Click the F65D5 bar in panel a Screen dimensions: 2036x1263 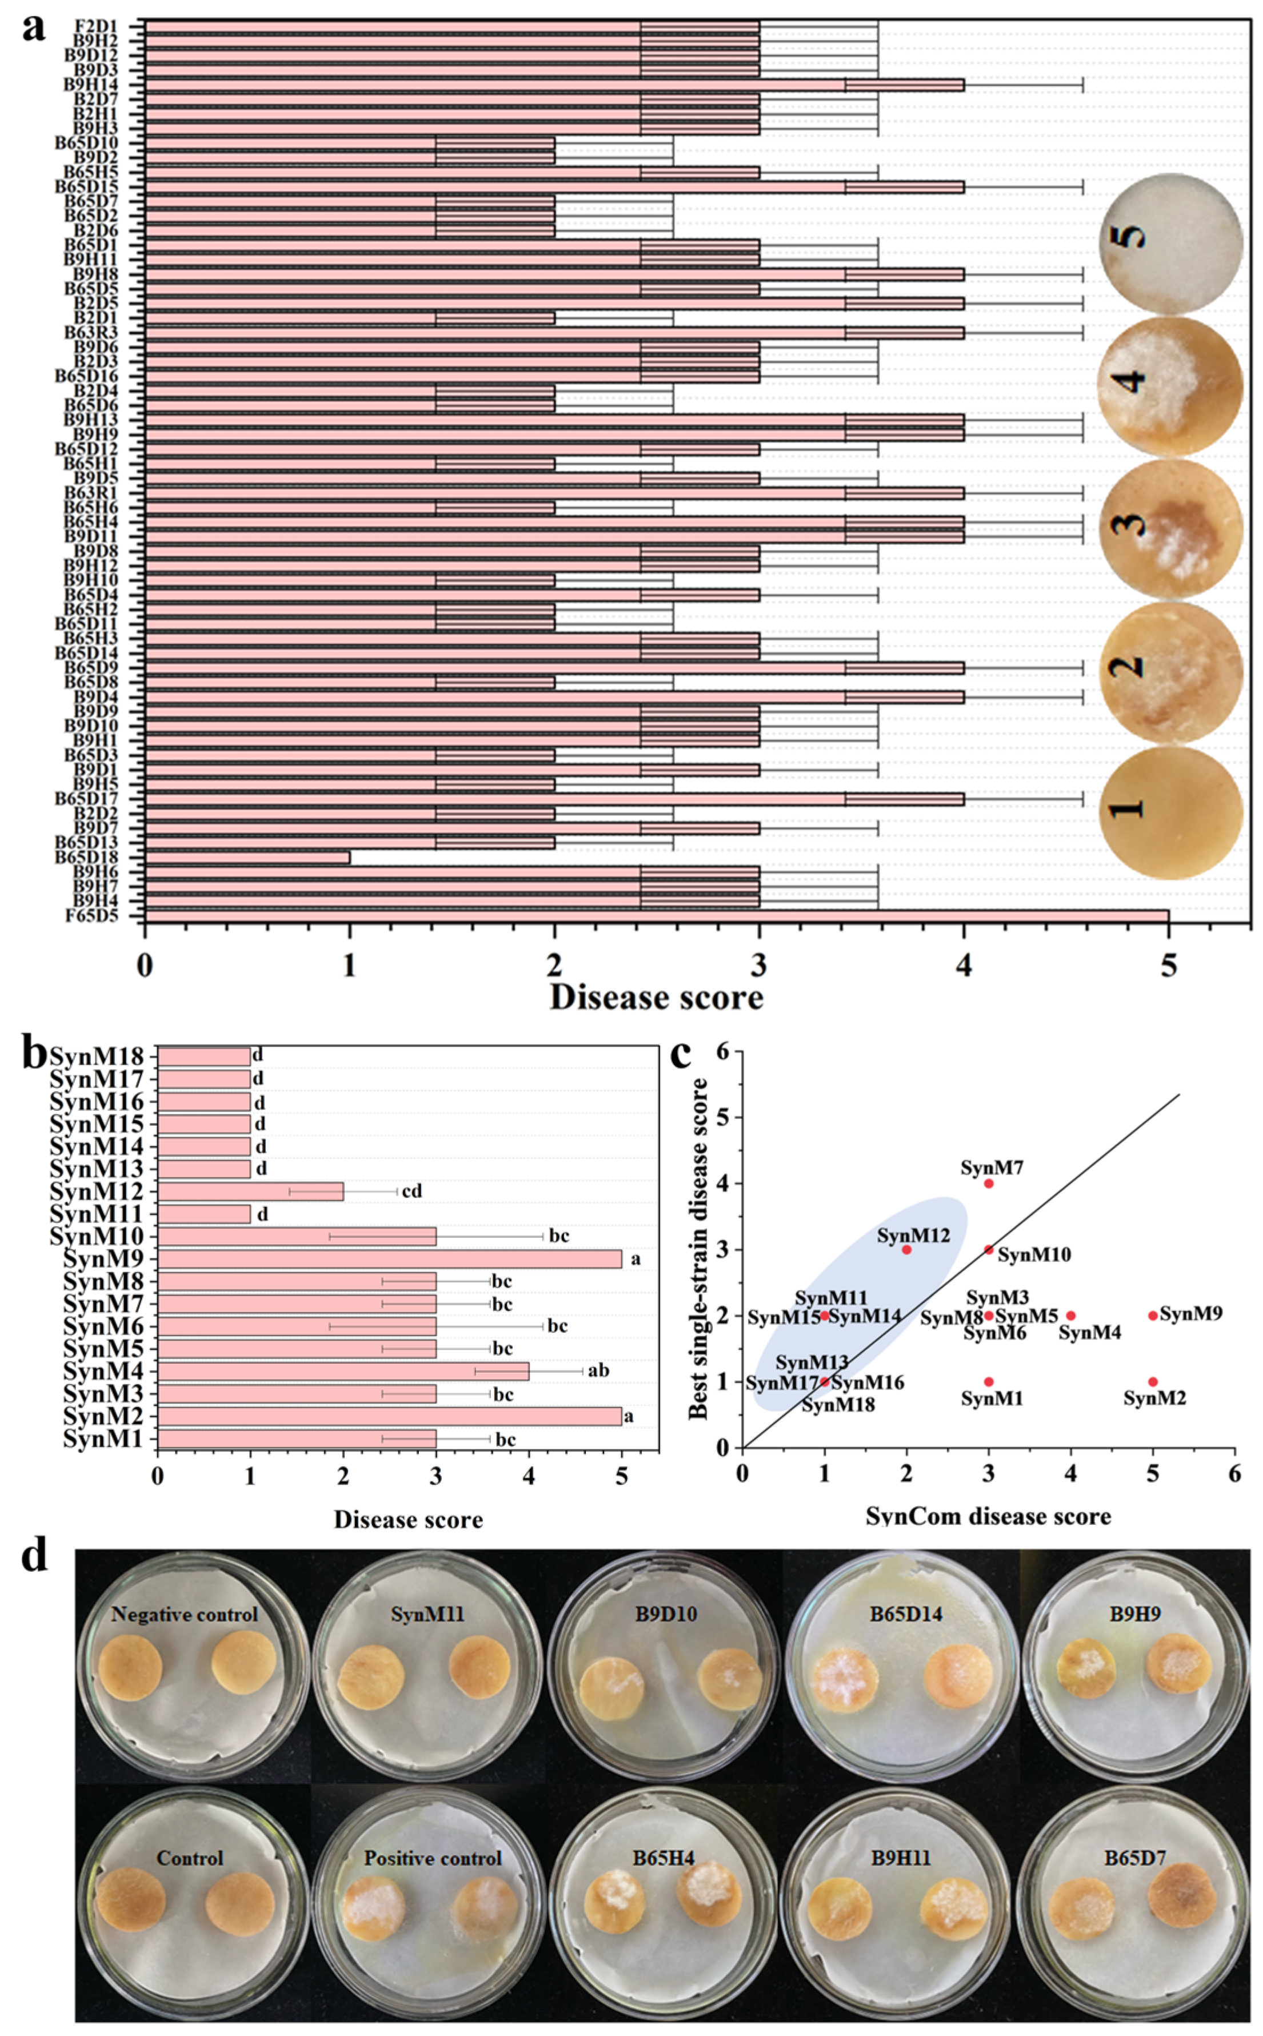pos(657,916)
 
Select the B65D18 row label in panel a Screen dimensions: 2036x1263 pos(98,857)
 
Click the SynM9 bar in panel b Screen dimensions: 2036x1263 pos(389,1259)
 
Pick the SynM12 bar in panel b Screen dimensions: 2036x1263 pos(250,1192)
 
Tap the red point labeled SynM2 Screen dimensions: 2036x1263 pos(1153,1382)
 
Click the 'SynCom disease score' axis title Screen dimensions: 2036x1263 pos(988,1516)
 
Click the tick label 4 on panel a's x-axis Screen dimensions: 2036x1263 pos(964,966)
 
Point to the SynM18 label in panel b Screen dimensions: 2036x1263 pos(97,1057)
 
